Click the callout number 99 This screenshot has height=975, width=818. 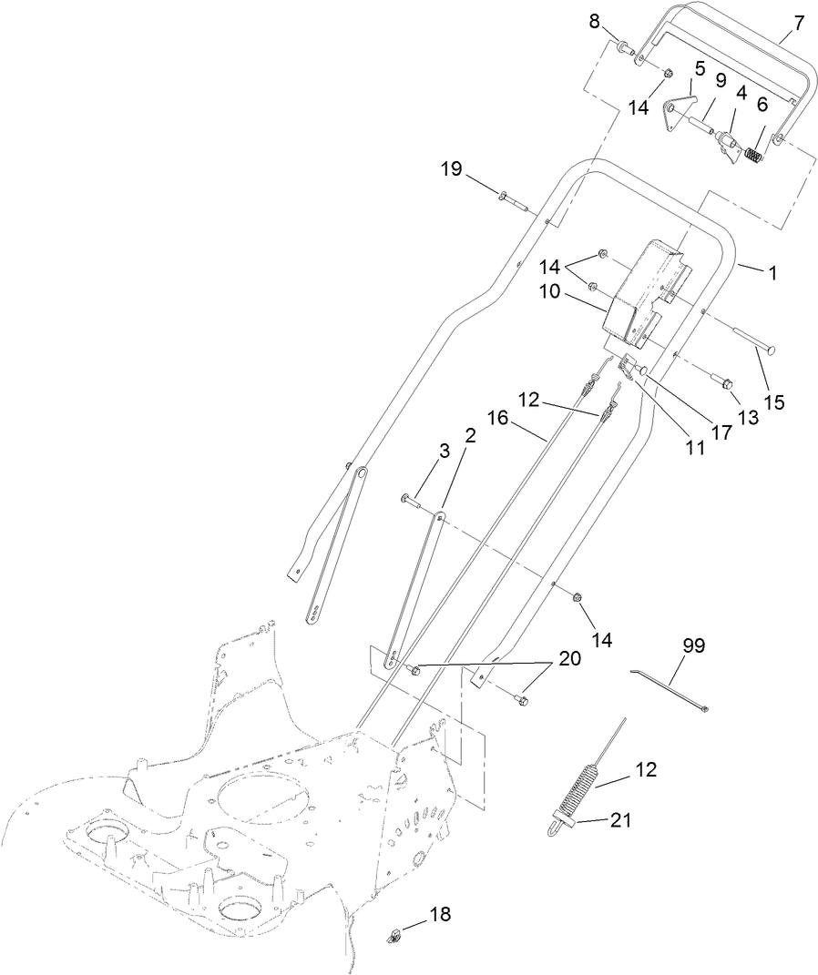pyautogui.click(x=694, y=646)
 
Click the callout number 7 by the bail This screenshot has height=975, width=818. pyautogui.click(x=799, y=23)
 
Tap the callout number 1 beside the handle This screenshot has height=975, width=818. pyautogui.click(x=773, y=272)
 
